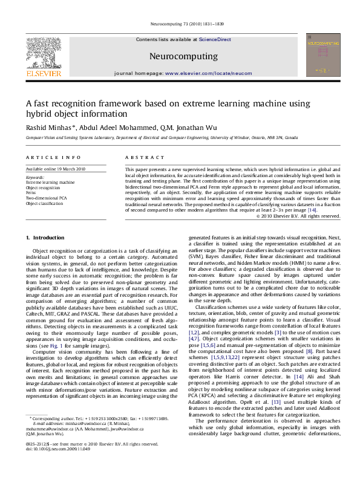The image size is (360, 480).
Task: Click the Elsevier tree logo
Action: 43,53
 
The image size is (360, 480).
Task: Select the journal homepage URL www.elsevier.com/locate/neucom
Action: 208,73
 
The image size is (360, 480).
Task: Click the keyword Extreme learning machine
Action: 50,181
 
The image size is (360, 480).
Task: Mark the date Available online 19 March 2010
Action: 56,169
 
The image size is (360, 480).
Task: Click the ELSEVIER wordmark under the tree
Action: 43,73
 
